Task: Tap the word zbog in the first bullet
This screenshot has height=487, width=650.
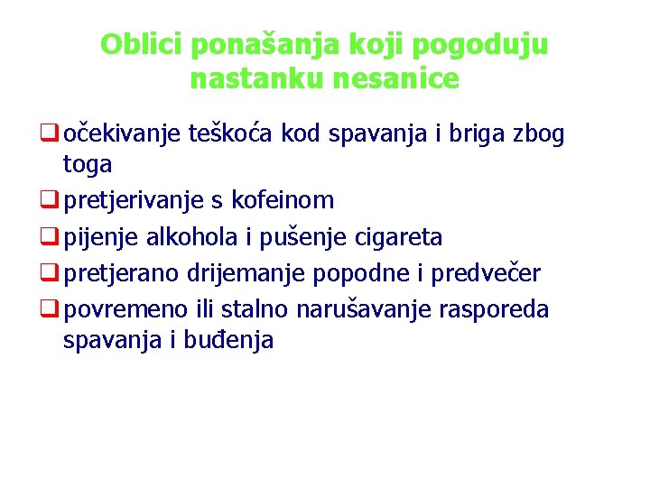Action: click(x=541, y=135)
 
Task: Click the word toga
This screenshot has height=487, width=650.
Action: click(x=88, y=164)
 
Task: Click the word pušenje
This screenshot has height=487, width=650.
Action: click(x=297, y=237)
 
